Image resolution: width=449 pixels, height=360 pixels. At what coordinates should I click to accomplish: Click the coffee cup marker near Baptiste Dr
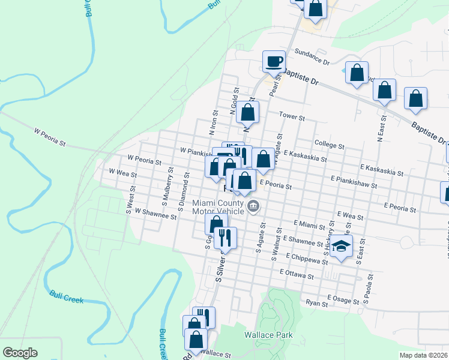point(274,61)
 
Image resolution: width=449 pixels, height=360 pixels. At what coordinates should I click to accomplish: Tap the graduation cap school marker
point(341,246)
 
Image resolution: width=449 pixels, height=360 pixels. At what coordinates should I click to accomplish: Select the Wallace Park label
point(268,335)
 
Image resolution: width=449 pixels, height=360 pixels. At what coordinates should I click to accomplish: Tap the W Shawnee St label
point(155,214)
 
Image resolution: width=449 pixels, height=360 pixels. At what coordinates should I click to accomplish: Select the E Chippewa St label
point(307,256)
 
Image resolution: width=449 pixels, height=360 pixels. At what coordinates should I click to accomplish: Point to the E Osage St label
point(345,298)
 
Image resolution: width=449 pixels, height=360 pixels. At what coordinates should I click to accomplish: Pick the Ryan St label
point(316,304)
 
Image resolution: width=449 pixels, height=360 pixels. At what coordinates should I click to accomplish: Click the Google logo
point(20,353)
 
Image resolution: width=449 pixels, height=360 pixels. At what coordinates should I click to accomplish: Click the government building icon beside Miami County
point(254,207)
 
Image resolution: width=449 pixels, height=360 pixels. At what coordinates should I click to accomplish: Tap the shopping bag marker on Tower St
point(247,112)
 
